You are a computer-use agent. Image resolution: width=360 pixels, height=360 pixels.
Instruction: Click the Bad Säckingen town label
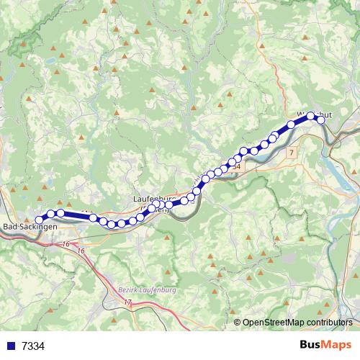[x=30, y=228]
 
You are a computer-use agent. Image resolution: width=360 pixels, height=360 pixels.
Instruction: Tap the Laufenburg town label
[x=154, y=197]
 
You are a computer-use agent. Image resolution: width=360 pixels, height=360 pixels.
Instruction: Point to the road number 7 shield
[x=290, y=153]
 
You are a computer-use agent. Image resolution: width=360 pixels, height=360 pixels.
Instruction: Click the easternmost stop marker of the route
[x=321, y=120]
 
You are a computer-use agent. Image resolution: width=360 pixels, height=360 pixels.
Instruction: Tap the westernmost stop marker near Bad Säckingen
[x=40, y=220]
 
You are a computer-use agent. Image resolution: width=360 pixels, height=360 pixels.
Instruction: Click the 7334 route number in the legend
[x=33, y=346]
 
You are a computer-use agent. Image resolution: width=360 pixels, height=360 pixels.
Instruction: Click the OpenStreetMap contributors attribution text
[x=297, y=323]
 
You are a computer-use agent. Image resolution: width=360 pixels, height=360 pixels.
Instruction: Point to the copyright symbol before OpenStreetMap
[x=238, y=323]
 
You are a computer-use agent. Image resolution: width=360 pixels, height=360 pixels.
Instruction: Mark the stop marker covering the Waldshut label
[x=311, y=115]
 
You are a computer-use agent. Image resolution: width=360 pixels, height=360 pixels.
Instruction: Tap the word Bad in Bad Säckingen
[x=12, y=228]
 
